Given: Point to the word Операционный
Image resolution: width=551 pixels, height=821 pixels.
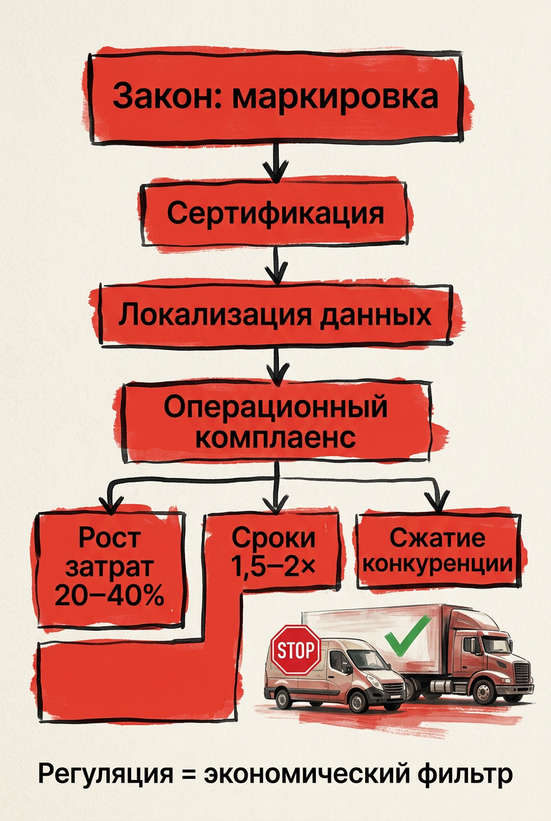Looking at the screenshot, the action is pos(275,407).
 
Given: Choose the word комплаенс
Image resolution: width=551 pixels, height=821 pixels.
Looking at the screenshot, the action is pos(275,437).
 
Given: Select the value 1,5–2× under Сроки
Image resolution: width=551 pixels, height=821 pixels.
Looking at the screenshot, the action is pos(273,567).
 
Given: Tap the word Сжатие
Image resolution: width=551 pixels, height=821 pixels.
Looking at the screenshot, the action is pos(437,538).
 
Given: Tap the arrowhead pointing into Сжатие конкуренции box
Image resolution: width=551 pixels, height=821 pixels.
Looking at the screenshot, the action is pos(437,501).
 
